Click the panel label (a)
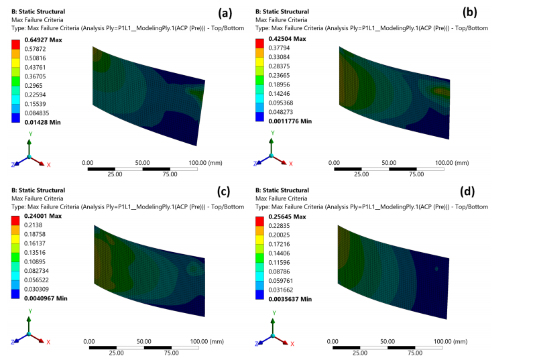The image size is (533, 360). coord(217,13)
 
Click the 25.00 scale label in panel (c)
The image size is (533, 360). coord(115,353)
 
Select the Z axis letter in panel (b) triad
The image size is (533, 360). coord(257,164)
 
